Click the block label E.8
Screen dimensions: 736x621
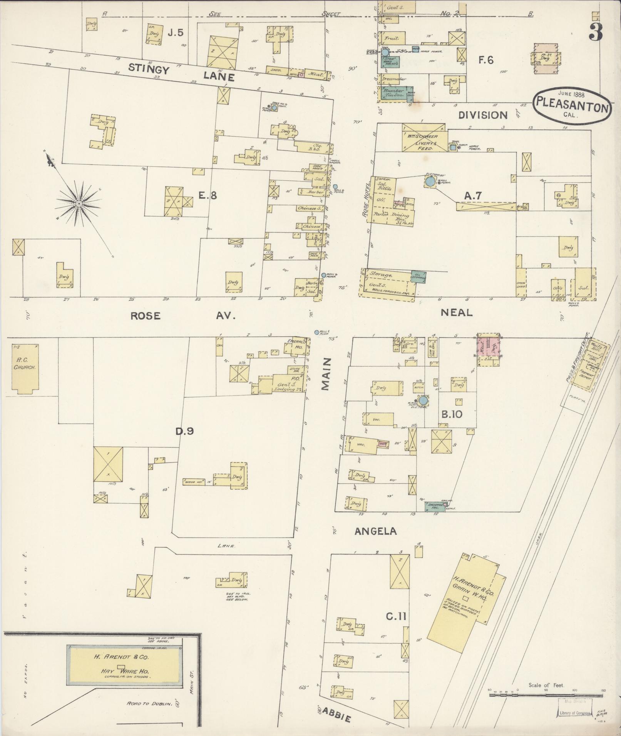point(207,195)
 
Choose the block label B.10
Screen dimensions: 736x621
point(452,415)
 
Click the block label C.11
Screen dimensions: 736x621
point(396,616)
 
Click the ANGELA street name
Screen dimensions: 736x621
point(375,531)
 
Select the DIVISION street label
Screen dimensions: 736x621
point(483,115)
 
